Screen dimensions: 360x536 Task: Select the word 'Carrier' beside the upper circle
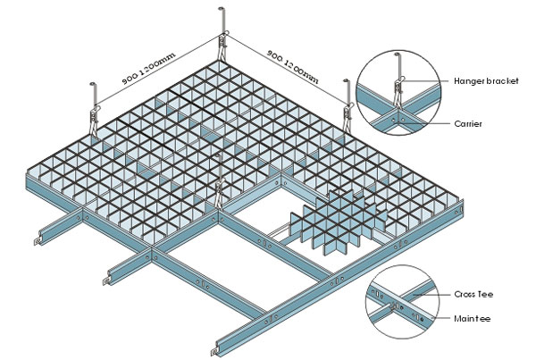coord(468,123)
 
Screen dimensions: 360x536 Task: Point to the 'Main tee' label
coord(470,317)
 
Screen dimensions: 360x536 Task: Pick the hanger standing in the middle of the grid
coord(219,179)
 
